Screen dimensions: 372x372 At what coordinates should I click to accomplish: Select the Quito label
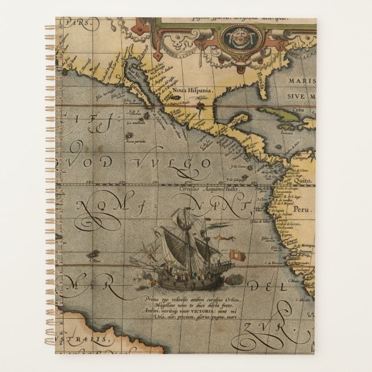coord(303,179)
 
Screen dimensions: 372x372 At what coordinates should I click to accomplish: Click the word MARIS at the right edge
coord(303,83)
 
